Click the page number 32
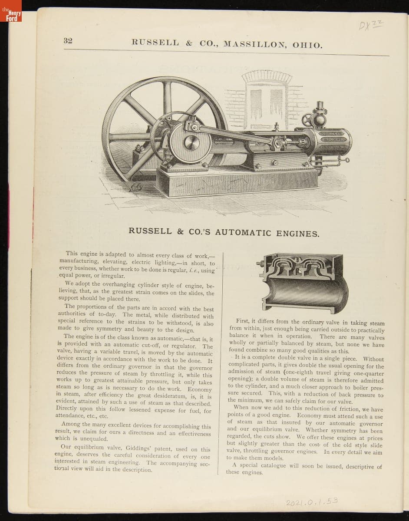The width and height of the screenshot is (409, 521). point(68,41)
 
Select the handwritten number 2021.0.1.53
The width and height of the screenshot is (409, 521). point(312,502)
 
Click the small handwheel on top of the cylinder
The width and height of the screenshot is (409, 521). point(308,120)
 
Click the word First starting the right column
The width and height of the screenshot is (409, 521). point(243,322)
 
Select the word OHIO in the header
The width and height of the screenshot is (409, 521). point(307,45)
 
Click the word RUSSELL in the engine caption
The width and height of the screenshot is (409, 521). point(150,231)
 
